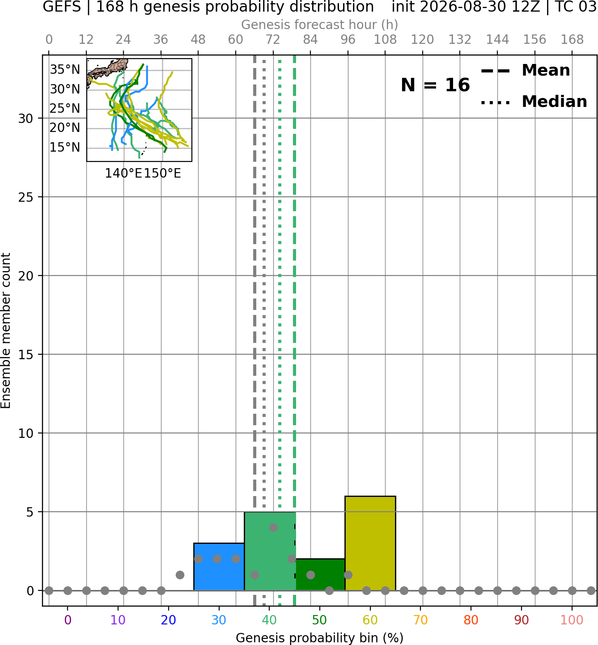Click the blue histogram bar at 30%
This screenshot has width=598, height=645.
[219, 566]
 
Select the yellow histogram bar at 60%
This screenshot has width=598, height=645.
[370, 543]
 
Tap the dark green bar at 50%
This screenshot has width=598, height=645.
[320, 574]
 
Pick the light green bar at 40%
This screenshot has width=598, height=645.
[270, 551]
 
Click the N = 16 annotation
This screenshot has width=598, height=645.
[435, 85]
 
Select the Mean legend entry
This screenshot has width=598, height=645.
[525, 70]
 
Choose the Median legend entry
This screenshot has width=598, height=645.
[534, 102]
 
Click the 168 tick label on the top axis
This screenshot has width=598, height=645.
[572, 40]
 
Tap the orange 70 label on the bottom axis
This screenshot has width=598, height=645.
[420, 620]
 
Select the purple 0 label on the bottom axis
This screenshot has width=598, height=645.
[68, 620]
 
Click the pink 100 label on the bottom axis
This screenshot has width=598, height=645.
[572, 620]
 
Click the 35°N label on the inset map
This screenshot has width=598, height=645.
[65, 69]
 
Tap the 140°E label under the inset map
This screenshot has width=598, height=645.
[123, 174]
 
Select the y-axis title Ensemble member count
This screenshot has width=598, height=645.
[6, 331]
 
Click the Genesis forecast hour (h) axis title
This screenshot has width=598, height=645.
[320, 25]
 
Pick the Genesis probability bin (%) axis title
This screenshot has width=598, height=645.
[320, 638]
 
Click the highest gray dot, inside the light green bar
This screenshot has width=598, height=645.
[273, 527]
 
